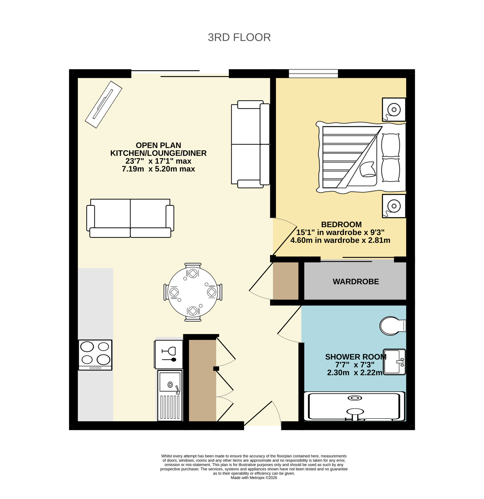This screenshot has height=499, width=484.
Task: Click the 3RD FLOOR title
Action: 239,37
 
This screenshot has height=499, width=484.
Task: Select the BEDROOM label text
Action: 341,224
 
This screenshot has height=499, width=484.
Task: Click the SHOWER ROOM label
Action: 356,357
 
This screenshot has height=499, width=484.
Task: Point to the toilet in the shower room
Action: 392,326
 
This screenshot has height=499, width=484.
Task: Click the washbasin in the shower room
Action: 394,362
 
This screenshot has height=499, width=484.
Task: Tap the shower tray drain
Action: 354,398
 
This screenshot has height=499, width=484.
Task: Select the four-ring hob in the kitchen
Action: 95,355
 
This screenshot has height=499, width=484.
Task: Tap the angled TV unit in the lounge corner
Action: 103,104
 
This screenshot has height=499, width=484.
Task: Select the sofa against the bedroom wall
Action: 250,144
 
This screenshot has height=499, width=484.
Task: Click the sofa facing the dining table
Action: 130,218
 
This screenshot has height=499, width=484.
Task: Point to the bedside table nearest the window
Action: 394,110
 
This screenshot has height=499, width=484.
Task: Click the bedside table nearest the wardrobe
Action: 394,206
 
